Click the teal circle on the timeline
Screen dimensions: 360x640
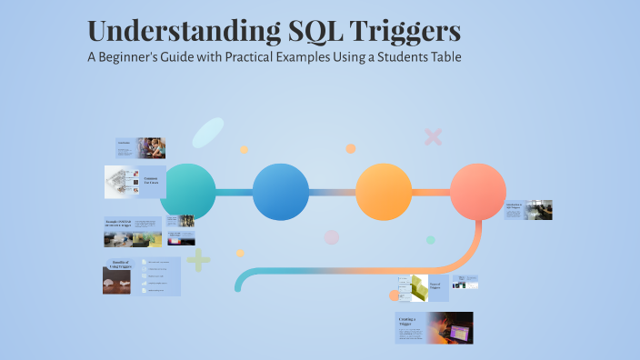pos(187,192)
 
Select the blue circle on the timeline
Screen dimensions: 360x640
pos(281,192)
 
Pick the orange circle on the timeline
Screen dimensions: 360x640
pos(384,192)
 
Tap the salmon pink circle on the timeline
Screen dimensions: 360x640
pos(478,192)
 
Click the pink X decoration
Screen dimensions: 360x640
pos(433,137)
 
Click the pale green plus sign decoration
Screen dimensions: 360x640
pos(198,262)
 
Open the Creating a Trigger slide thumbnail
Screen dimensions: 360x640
pos(434,327)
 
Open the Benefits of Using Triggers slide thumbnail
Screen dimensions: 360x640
pos(141,277)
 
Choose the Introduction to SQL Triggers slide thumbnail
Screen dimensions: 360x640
pos(528,210)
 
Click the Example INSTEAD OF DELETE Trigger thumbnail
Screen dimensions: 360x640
pos(133,232)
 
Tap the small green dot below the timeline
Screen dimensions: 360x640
pos(431,240)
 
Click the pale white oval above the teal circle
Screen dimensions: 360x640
pos(207,133)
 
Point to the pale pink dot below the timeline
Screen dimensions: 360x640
pos(332,237)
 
